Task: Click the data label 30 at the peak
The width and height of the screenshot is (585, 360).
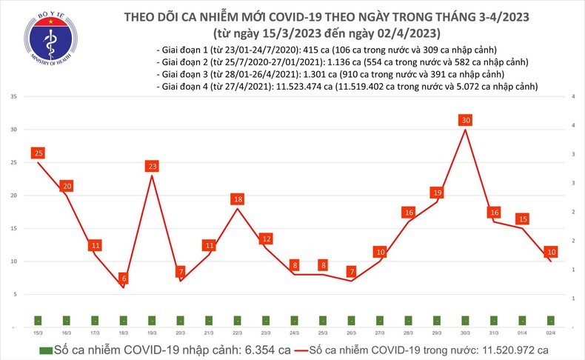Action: coord(465,120)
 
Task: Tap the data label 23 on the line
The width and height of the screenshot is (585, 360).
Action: coord(151,166)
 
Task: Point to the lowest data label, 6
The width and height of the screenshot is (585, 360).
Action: coord(123,278)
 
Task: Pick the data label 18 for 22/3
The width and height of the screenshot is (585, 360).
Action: coord(237,199)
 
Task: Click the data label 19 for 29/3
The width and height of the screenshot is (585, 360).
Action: coord(436,193)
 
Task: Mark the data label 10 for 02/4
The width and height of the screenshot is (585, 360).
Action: coord(551,252)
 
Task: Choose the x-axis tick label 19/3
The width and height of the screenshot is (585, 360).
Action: coord(151,334)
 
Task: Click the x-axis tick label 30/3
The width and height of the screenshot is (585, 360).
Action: coord(465,334)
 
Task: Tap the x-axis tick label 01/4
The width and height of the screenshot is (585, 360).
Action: coord(522,334)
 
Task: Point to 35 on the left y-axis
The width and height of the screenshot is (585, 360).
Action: coord(14,97)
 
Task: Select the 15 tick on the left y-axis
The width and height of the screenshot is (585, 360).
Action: coord(14,229)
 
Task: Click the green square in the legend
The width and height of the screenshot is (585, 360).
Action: coord(46,350)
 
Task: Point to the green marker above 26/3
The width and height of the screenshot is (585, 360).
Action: coord(351,320)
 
